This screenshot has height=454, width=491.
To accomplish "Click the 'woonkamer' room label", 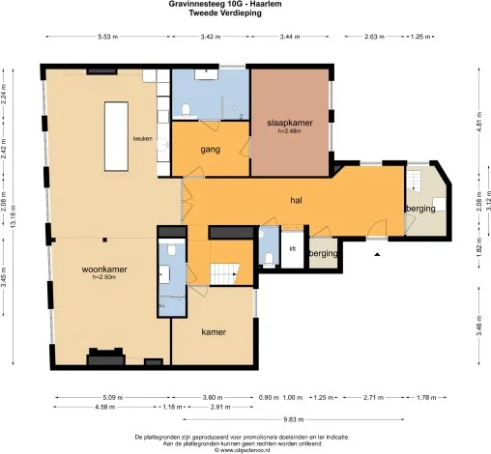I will click(105, 269).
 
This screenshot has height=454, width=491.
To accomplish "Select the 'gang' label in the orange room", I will click(212, 150).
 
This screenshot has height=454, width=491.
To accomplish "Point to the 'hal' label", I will click(298, 200).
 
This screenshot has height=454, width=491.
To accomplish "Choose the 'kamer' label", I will click(214, 331).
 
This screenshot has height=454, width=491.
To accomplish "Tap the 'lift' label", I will click(292, 248).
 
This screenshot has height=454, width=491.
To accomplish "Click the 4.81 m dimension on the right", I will click(478, 123).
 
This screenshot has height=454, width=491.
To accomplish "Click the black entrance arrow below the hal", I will click(378, 253).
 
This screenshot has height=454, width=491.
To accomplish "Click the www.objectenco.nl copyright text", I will click(245, 449).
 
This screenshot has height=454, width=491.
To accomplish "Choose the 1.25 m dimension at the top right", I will click(419, 36).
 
